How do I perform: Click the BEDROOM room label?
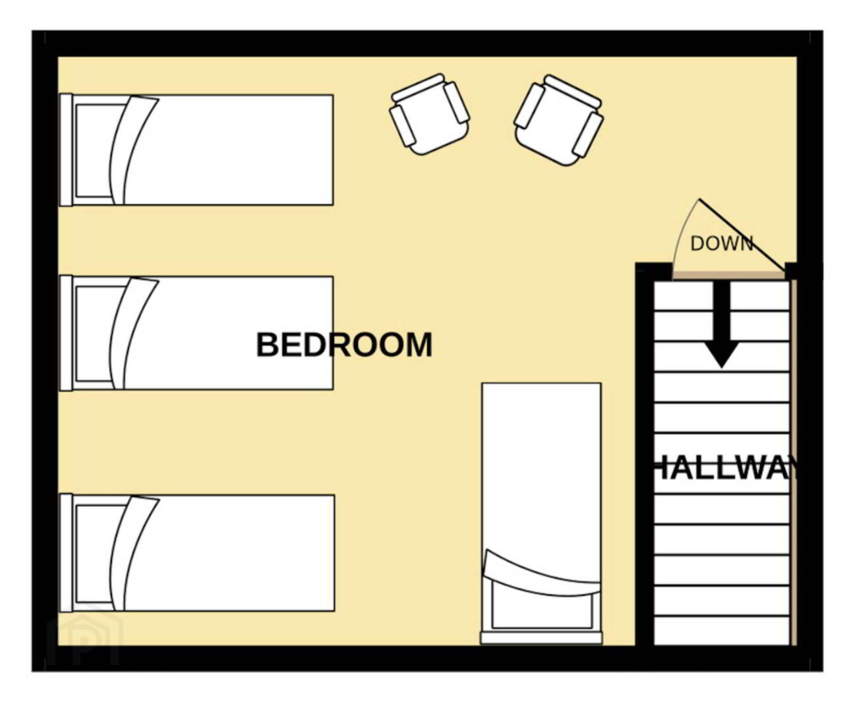tap(344, 345)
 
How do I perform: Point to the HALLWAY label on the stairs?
tap(724, 470)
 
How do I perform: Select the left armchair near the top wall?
tap(430, 114)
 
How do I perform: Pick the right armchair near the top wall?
tap(559, 120)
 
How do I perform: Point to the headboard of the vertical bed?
tap(541, 638)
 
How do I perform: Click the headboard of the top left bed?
tap(66, 150)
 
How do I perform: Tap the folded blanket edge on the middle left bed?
tap(132, 334)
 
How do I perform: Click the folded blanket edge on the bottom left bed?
tap(133, 554)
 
